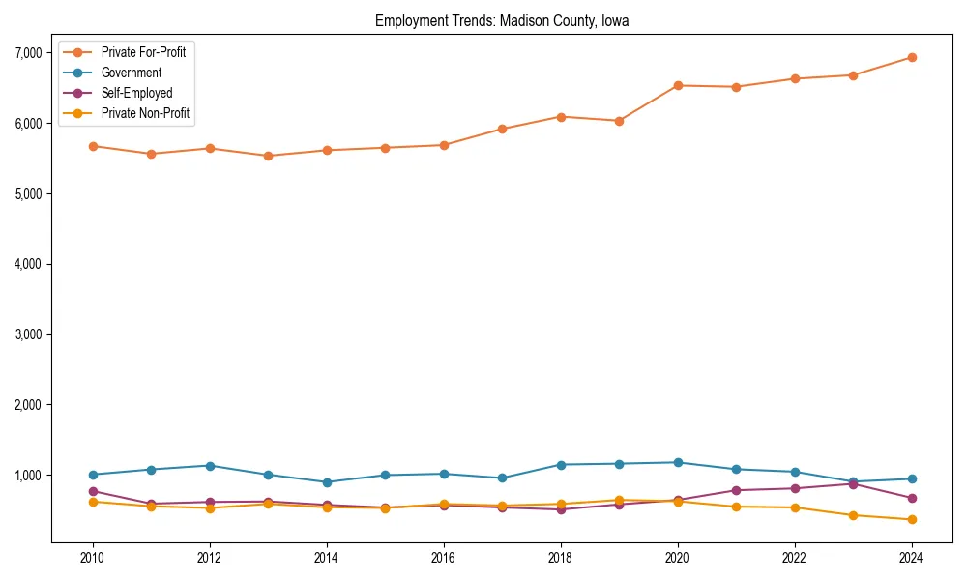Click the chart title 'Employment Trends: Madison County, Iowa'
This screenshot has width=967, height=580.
[x=502, y=21]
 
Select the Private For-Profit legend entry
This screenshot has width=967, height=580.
[x=144, y=52]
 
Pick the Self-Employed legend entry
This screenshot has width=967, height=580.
[x=136, y=93]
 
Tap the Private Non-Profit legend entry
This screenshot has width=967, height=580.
[x=145, y=113]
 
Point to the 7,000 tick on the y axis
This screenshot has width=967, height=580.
[x=31, y=53]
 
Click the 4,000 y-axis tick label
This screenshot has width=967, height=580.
[x=31, y=264]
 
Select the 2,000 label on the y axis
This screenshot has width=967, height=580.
[x=31, y=405]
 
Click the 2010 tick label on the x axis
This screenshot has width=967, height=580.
[x=93, y=558]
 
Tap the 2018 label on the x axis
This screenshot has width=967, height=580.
[x=560, y=558]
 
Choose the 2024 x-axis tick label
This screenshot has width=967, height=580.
[x=911, y=558]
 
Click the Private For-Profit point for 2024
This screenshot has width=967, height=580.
[x=911, y=57]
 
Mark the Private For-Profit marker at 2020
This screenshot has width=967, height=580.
[x=678, y=85]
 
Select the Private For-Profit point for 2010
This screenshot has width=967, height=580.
[x=93, y=146]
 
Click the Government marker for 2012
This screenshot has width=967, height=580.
[x=210, y=466]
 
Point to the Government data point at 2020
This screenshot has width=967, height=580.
[x=678, y=462]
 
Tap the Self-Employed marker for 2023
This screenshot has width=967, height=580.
[x=853, y=483]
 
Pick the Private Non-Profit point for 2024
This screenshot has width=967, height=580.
[x=911, y=520]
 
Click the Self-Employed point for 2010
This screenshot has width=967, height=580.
[x=93, y=491]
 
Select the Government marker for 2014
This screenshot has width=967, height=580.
[x=327, y=482]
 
